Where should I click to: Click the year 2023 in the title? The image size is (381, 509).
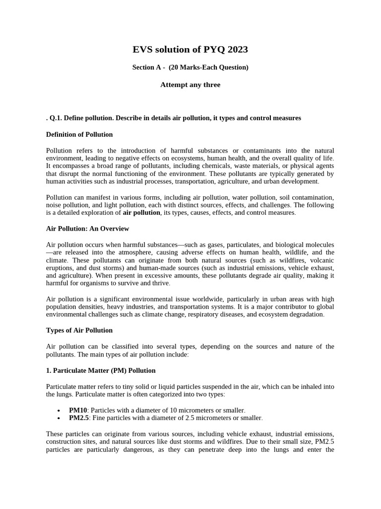point(236,49)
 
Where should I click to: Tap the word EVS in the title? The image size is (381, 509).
point(143,49)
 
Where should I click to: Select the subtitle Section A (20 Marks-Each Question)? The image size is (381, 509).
point(190,67)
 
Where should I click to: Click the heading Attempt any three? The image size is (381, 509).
point(190,85)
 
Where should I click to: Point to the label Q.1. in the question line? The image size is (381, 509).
point(57,118)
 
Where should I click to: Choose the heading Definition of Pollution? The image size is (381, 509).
point(79,134)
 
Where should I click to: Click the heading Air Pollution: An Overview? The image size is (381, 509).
point(87,229)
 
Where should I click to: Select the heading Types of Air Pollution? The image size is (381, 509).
point(79,330)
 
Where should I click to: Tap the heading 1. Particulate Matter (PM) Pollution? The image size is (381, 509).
point(101,370)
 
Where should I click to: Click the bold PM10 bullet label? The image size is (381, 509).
point(78,410)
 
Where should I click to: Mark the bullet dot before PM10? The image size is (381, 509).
point(59,411)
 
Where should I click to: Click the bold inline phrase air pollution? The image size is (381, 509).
point(141,212)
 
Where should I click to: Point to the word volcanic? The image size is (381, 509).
point(320,260)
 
